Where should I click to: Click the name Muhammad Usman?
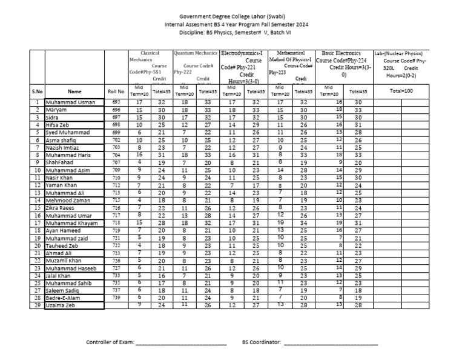tap(68, 102)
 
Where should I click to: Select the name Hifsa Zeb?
tap(59, 124)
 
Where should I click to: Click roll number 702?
tap(116, 139)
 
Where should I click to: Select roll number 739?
tap(116, 298)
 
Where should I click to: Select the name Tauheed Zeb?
tap(64, 245)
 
